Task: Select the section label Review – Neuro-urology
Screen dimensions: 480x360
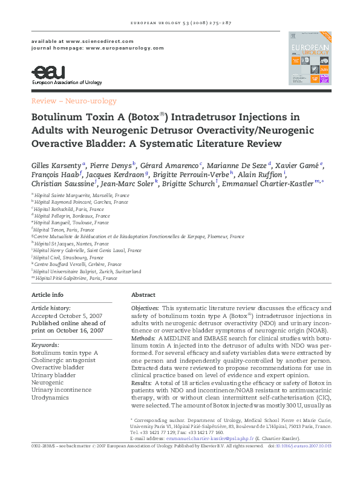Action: [74, 101]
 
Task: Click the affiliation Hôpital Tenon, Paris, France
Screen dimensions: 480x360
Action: [64, 230]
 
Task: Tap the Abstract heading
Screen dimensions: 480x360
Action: [143, 294]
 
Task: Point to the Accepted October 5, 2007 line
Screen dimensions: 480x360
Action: [68, 316]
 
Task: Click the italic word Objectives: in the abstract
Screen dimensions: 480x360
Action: [145, 308]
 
